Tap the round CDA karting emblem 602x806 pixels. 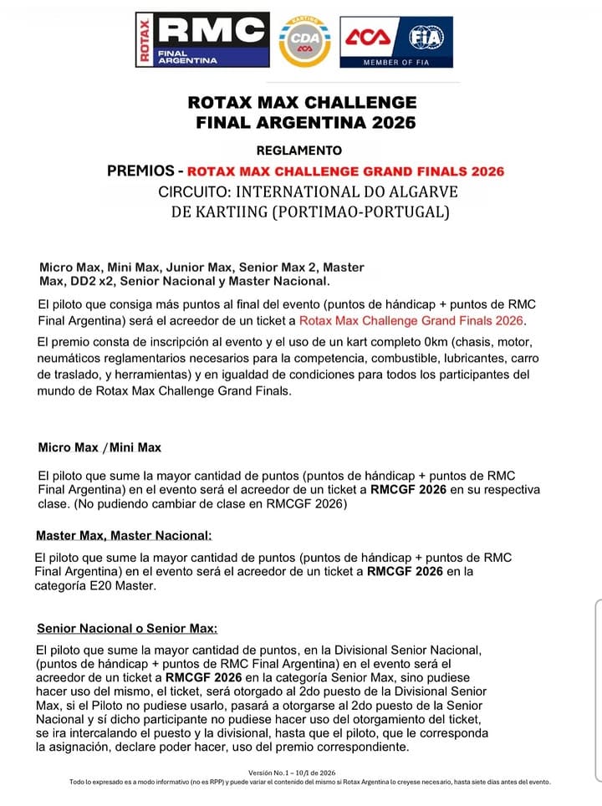(304, 41)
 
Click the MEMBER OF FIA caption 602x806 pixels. (395, 63)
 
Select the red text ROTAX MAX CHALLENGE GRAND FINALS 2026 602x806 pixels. (346, 171)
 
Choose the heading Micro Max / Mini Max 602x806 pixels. (99, 447)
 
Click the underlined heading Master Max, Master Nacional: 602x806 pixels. (124, 535)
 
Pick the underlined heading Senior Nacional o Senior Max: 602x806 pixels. (127, 628)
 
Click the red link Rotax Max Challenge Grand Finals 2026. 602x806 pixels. (411, 320)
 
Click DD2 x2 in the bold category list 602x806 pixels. (88, 281)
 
